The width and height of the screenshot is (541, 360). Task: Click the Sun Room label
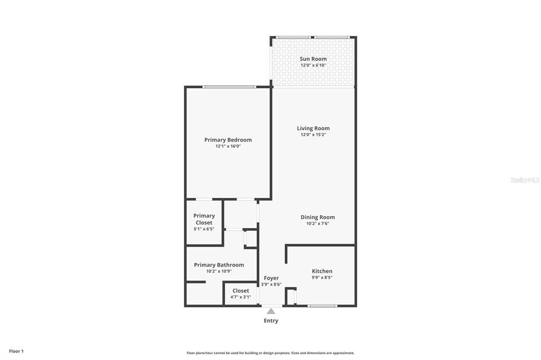click(313, 59)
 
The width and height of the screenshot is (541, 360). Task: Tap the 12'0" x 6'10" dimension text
click(313, 65)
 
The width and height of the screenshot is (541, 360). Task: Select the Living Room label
click(313, 128)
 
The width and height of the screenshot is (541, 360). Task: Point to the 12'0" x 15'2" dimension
click(313, 135)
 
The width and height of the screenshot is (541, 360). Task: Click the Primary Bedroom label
click(228, 140)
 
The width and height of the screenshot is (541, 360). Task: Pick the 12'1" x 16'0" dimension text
click(228, 147)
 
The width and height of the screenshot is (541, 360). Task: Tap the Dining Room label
click(318, 217)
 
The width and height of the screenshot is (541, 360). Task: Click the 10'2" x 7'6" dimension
click(318, 224)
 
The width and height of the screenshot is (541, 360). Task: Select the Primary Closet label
click(204, 219)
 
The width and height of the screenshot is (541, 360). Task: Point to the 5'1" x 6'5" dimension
click(204, 229)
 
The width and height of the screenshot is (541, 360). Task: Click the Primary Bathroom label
click(219, 265)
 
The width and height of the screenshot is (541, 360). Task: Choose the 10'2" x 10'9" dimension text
click(219, 271)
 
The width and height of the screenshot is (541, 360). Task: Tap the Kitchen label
click(322, 271)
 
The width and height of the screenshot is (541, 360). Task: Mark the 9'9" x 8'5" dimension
click(322, 278)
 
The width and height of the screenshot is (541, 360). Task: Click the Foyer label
click(271, 278)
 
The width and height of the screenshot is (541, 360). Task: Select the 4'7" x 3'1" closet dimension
click(240, 297)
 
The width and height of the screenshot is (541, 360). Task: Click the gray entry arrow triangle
click(271, 311)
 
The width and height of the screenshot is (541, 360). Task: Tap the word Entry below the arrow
click(271, 320)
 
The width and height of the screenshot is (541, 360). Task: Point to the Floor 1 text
click(16, 351)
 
